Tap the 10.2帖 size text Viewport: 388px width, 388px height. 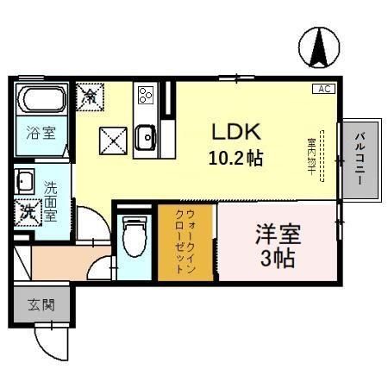pos(235,159)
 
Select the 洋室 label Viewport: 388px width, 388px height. pos(276,233)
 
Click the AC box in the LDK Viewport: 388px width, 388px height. pos(325,89)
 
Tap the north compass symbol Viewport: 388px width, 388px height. pos(320,47)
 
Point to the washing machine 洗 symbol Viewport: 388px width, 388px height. pos(28,210)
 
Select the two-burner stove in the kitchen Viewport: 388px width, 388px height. pos(144,94)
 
